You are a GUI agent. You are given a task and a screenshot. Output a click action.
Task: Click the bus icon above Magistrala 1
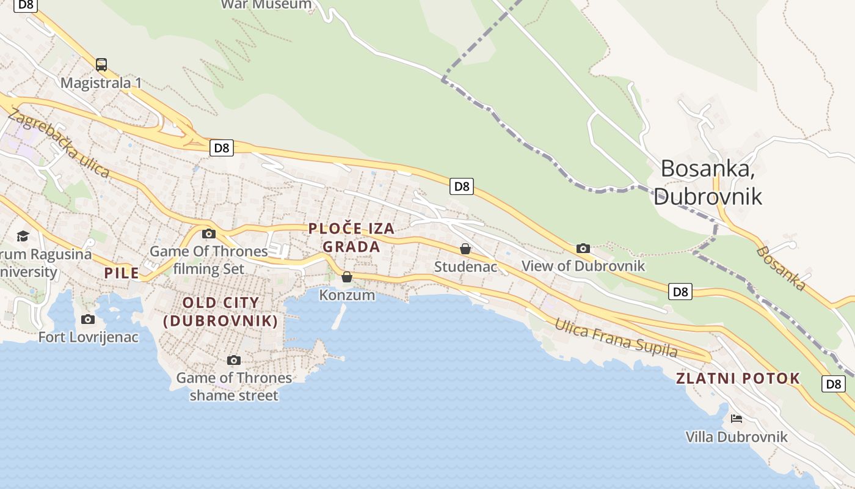[x=101, y=64]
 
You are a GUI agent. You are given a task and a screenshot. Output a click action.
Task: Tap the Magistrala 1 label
[x=101, y=83]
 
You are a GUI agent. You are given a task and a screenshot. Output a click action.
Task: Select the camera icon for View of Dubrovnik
[x=583, y=248]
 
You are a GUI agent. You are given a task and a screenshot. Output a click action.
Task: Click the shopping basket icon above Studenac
[x=465, y=249]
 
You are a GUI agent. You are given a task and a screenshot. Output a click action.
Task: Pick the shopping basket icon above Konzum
[x=347, y=277]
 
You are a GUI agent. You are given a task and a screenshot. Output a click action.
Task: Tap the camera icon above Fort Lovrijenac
[x=88, y=319]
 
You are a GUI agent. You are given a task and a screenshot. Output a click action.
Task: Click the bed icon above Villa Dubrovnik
[x=737, y=419]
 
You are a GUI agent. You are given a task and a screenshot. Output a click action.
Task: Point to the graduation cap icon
[x=23, y=236]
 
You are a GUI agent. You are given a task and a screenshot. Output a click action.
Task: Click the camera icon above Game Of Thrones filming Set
[x=209, y=233]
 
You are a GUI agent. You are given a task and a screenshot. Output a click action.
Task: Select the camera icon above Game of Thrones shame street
[x=234, y=360]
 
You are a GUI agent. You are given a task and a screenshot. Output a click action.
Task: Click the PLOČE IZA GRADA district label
[x=351, y=238]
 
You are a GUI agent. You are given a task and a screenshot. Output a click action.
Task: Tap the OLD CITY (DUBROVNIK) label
[x=220, y=312]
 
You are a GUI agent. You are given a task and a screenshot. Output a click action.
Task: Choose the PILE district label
[x=122, y=273]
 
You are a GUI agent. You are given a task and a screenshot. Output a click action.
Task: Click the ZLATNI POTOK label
[x=738, y=378]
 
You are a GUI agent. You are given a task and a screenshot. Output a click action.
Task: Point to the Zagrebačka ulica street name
[x=59, y=144]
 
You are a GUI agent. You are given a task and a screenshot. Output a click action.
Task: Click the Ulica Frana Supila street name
[x=616, y=337]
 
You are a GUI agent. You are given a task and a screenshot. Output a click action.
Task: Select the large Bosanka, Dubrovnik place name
[x=708, y=182]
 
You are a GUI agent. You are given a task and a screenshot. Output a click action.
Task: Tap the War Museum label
[x=266, y=5]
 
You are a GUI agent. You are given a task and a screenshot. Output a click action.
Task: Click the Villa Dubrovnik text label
[x=737, y=437]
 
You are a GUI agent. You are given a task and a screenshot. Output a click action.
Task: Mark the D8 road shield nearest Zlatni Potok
[x=834, y=384]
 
